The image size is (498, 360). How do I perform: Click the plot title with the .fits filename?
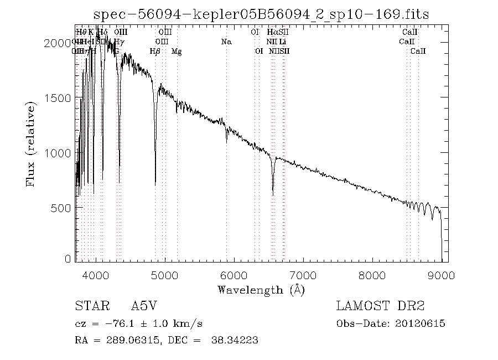[262, 14]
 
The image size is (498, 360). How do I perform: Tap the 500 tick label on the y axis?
[65, 208]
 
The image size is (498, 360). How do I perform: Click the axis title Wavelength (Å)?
[261, 289]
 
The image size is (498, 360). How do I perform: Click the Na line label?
[226, 42]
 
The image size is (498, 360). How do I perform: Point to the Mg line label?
[177, 52]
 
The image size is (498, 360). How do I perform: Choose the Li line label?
[283, 42]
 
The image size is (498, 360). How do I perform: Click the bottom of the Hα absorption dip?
[273, 194]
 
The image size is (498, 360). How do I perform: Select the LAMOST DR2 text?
[380, 306]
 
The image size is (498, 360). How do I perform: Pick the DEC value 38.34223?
[235, 340]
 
